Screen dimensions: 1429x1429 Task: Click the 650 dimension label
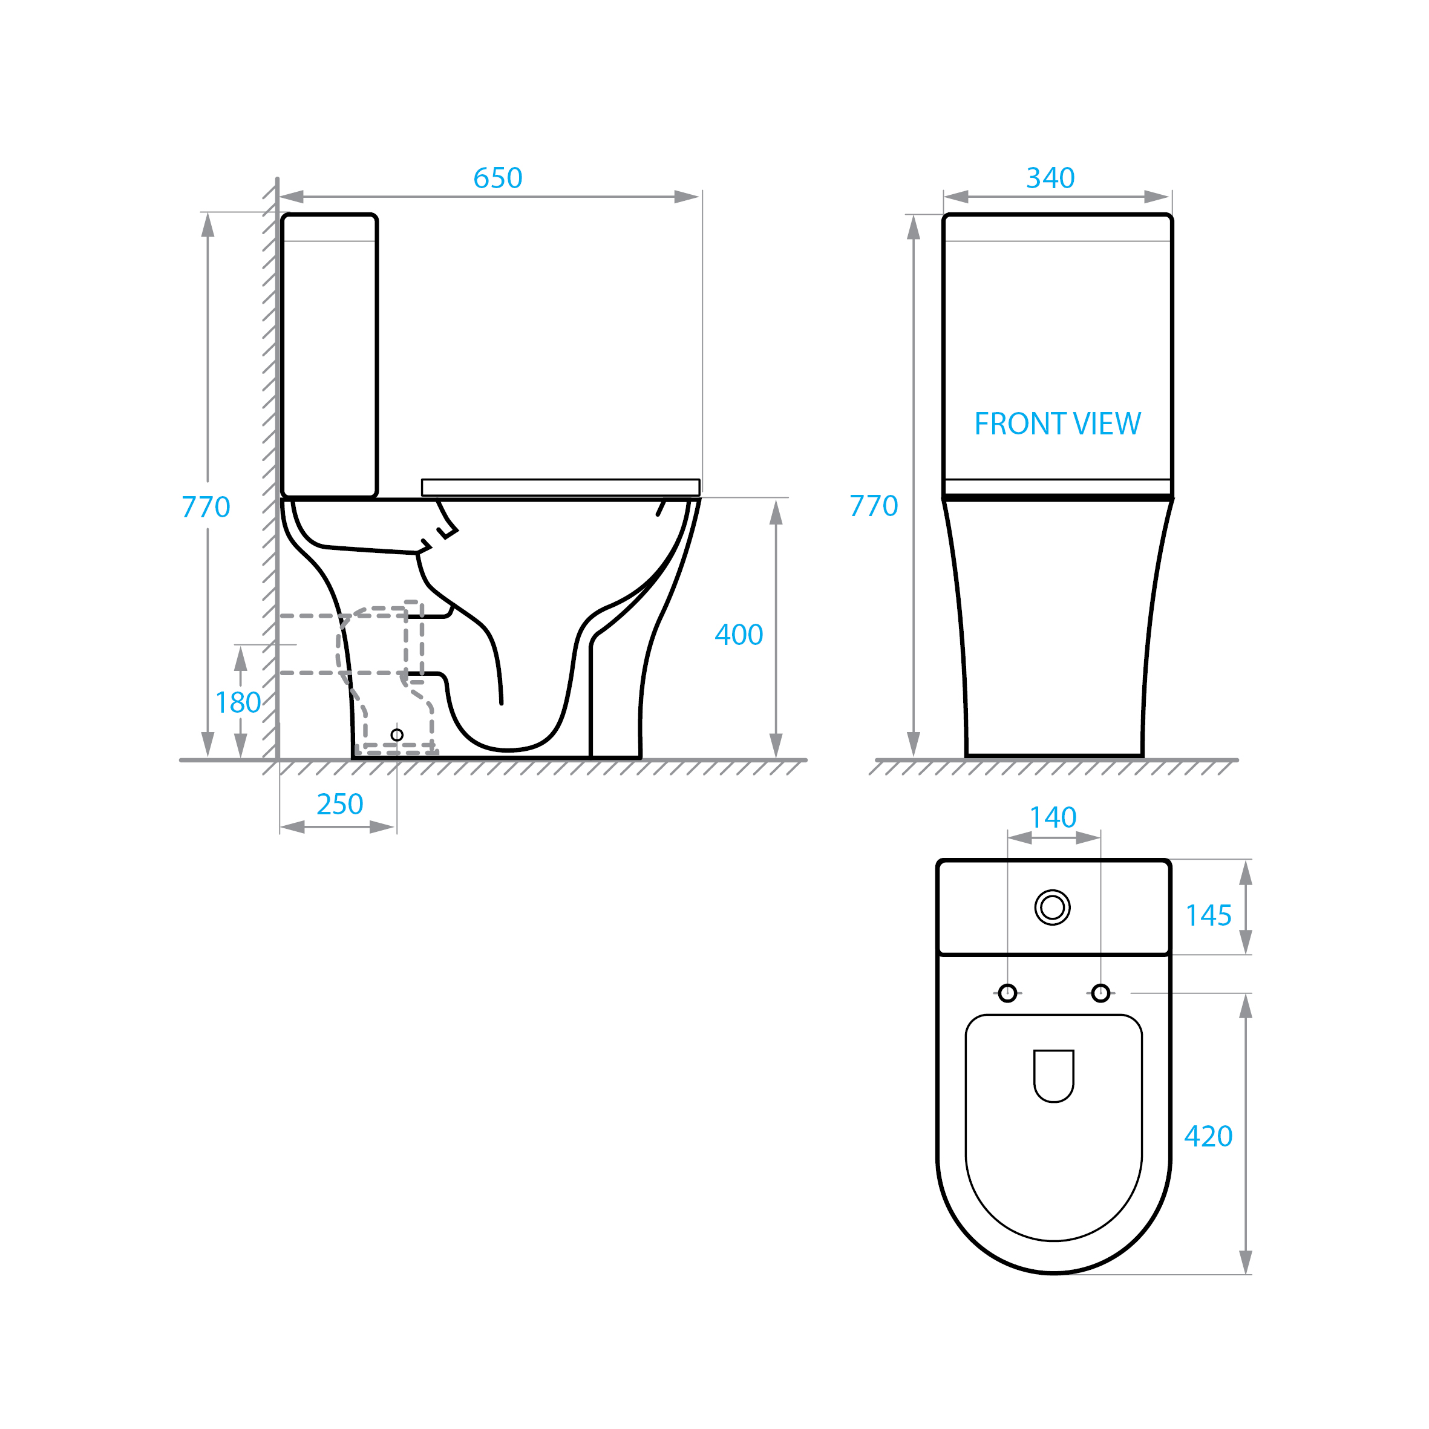coord(498,178)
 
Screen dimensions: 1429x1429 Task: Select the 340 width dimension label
coord(1050,178)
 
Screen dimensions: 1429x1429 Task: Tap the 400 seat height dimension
coord(739,635)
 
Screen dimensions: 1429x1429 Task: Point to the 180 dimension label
coord(238,702)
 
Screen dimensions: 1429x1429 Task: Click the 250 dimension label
coord(340,804)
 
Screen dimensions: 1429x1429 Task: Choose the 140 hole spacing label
coord(1053,817)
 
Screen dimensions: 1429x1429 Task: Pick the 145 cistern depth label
coord(1209,916)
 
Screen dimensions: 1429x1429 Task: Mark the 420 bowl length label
coord(1209,1136)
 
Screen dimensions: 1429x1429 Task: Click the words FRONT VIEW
coord(1058,424)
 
